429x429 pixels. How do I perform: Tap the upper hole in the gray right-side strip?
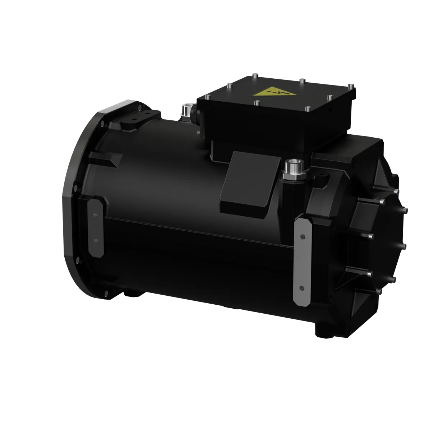(303, 237)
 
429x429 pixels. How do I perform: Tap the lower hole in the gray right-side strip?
(301, 287)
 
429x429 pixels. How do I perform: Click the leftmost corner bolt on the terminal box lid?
(208, 97)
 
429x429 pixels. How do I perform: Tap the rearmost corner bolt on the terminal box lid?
(254, 76)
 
